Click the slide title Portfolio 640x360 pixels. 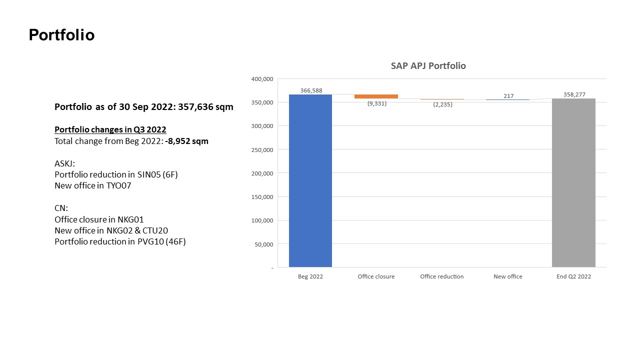61,35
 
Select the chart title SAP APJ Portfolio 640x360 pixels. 428,66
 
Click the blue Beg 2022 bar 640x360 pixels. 310,180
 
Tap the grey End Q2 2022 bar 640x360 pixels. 573,182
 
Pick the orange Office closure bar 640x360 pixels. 376,96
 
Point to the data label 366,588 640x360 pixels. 311,90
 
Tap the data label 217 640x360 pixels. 508,96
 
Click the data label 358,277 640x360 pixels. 574,94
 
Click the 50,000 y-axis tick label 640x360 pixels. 263,244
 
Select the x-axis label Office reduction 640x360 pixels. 441,276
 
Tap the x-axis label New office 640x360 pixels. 507,276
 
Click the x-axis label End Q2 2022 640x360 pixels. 573,276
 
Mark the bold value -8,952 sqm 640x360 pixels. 186,141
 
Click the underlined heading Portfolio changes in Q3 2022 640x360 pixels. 110,129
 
